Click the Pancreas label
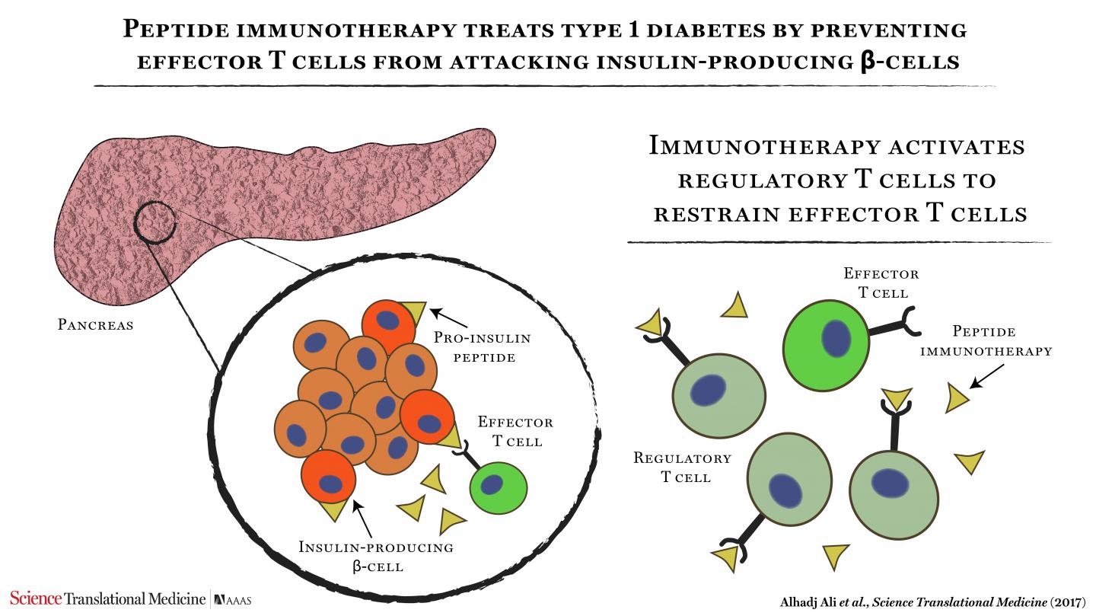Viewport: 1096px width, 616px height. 96,325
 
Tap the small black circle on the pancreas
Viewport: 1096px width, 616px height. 155,222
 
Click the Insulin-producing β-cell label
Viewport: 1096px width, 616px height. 376,557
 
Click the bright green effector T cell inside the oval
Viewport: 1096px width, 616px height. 499,486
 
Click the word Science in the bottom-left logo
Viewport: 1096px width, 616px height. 36,598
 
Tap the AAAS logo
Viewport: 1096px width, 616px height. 232,600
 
